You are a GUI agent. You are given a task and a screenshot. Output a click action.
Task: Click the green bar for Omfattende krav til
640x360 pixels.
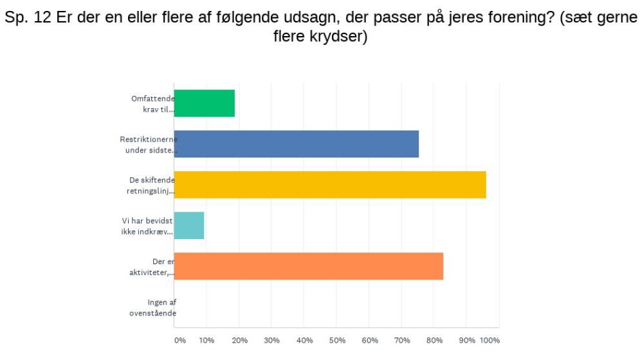coord(204,104)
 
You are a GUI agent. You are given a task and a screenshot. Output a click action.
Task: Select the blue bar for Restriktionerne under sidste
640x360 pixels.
coord(297,144)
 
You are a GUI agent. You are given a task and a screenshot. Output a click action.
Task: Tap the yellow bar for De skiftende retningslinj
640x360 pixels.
coord(330,185)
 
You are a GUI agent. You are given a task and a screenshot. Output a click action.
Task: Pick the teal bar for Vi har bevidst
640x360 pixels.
coord(189,226)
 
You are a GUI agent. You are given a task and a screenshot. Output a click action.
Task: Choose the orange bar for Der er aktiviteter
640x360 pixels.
coord(309,266)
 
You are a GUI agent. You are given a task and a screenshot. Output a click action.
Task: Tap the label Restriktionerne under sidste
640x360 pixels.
coord(149,144)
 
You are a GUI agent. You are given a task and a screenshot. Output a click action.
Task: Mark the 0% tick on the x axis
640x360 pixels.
coord(179,341)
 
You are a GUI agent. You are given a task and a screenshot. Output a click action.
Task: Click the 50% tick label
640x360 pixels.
coord(337,341)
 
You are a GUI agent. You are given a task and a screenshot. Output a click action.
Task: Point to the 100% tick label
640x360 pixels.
coord(490,341)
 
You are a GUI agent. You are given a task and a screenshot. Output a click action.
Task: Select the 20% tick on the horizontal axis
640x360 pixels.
coord(239,341)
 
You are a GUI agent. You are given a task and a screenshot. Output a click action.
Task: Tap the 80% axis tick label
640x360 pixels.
coord(434,341)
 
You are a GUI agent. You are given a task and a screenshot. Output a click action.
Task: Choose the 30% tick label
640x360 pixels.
coord(272,341)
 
